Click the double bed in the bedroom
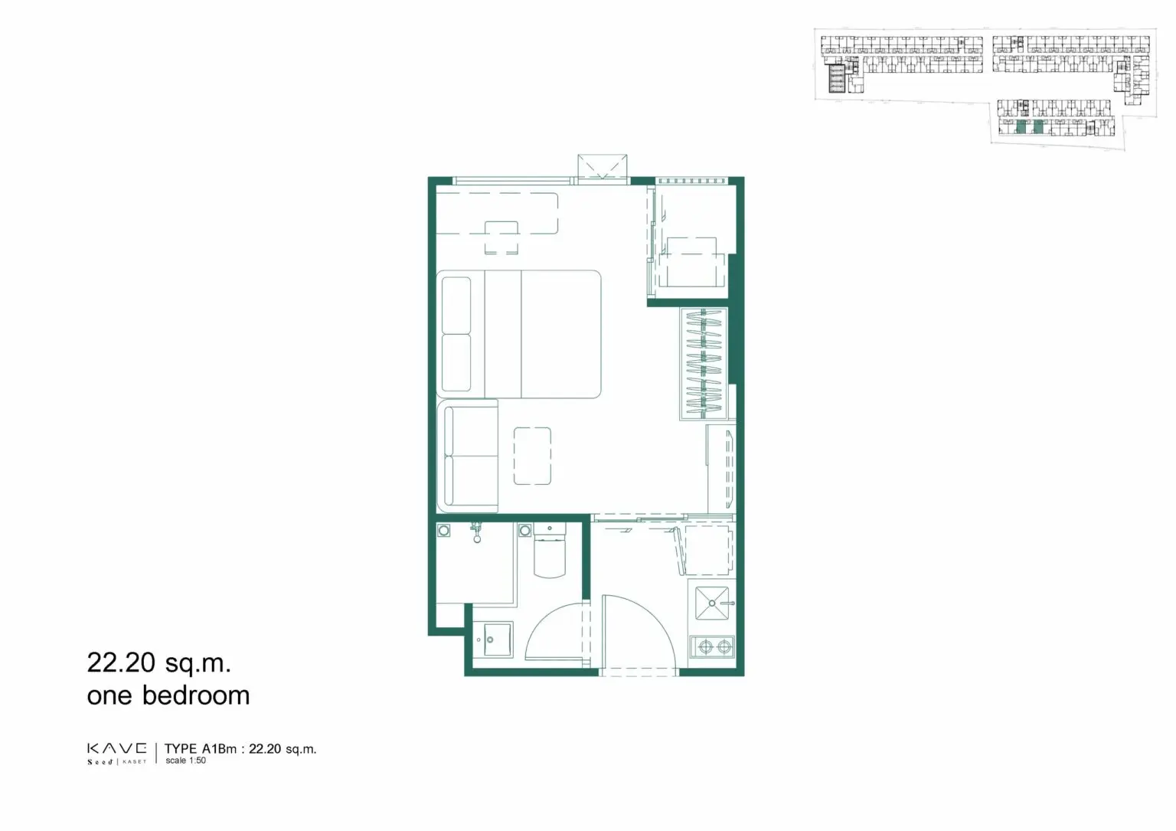pyautogui.click(x=518, y=334)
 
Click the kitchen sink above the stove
pyautogui.click(x=713, y=603)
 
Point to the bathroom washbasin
pyautogui.click(x=494, y=640)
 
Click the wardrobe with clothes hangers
pyautogui.click(x=704, y=364)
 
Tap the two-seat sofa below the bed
pyautogui.click(x=467, y=456)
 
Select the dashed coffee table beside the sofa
pyautogui.click(x=532, y=456)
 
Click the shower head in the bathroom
pyautogui.click(x=477, y=532)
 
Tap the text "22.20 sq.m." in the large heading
pyautogui.click(x=159, y=663)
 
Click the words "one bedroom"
pyautogui.click(x=168, y=695)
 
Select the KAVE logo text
pyautogui.click(x=117, y=748)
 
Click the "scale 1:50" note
pyautogui.click(x=186, y=760)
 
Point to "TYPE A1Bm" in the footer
pyautogui.click(x=201, y=748)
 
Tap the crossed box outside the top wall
pyautogui.click(x=603, y=167)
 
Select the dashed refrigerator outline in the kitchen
pyautogui.click(x=706, y=550)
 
